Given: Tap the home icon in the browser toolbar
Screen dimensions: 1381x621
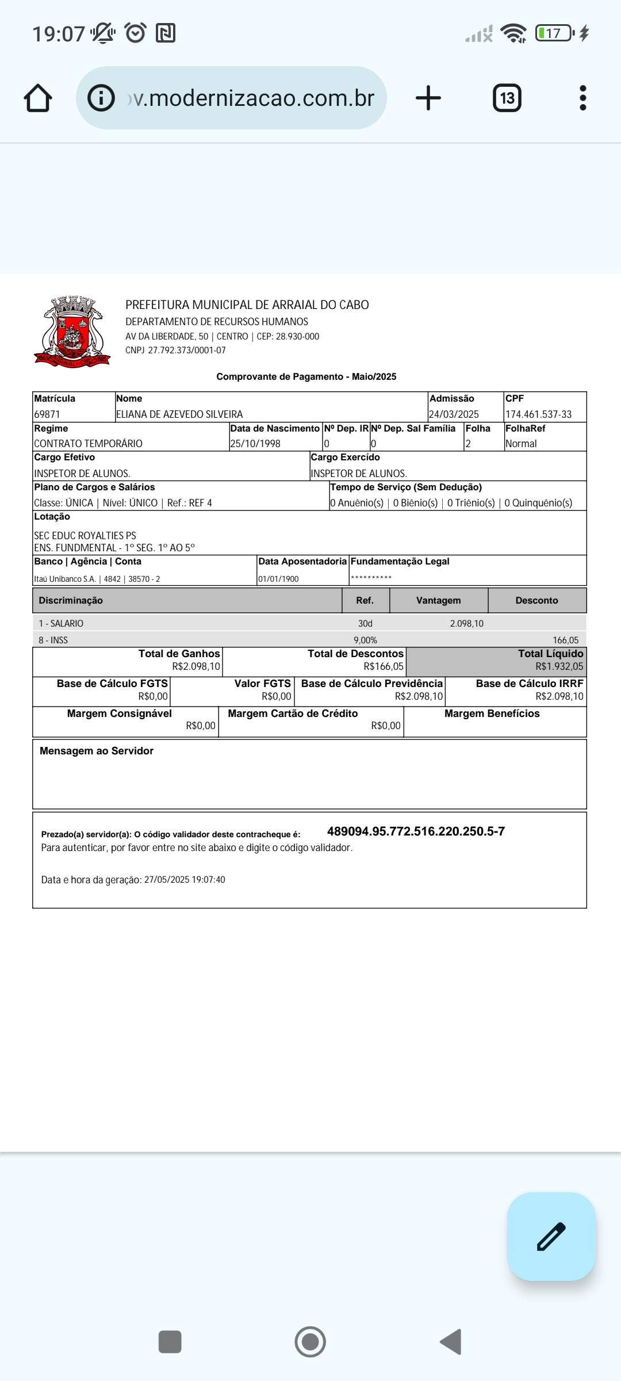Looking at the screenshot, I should (38, 98).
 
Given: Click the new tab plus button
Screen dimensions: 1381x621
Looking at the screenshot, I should (428, 98).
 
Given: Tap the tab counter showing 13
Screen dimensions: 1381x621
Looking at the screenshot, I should (507, 98).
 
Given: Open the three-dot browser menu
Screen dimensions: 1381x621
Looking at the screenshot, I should (583, 98).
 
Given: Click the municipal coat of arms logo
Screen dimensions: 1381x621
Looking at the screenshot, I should (72, 332).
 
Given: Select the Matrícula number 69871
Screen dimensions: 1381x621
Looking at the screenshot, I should (47, 414).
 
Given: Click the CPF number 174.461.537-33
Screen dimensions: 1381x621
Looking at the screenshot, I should (538, 414).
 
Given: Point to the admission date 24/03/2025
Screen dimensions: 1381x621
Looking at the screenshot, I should (454, 414).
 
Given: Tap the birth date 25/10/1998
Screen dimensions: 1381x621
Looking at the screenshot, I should (255, 444).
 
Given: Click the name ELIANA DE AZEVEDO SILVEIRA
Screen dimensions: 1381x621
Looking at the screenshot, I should (179, 414).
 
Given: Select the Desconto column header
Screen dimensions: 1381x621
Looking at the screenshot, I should (536, 600).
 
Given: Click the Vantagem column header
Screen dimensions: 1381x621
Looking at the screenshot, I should (438, 600).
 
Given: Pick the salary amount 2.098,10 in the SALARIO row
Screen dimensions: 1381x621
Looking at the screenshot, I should (466, 624).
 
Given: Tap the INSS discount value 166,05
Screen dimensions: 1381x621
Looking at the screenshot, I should (565, 640).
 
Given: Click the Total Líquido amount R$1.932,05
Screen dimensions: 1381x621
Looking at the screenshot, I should (559, 666).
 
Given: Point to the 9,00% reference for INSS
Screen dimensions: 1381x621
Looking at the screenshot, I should (365, 640).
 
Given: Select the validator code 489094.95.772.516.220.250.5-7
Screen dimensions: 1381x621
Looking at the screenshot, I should (416, 831).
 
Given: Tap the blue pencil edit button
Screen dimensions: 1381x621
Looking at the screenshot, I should (551, 1237).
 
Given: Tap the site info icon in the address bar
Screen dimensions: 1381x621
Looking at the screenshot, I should (101, 98).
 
